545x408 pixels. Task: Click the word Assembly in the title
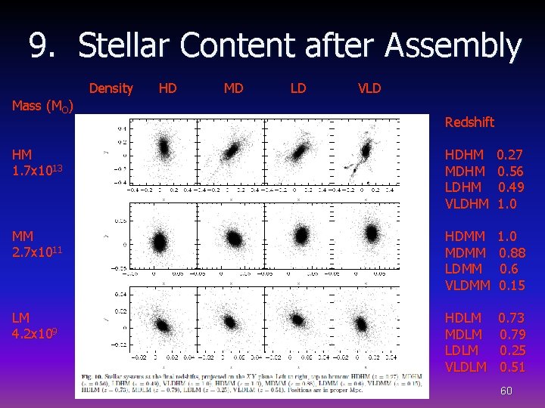click(453, 47)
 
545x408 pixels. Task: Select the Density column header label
click(111, 88)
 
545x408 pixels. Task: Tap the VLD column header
click(369, 88)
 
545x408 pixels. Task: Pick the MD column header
click(233, 88)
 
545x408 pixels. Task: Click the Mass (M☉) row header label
click(42, 106)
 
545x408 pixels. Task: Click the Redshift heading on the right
click(469, 122)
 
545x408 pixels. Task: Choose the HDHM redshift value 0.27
click(510, 155)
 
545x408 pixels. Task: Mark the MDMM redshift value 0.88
click(512, 252)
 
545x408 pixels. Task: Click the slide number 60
click(506, 391)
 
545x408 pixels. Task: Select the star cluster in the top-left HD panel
click(161, 147)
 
